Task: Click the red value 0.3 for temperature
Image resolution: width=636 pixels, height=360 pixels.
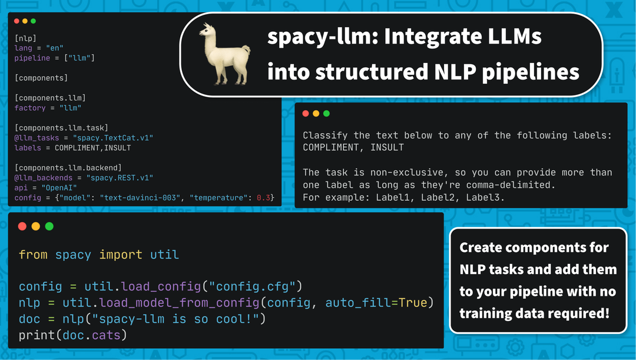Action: coord(263,197)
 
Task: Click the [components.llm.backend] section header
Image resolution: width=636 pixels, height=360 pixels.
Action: coord(68,168)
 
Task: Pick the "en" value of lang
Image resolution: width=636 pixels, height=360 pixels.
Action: coord(54,48)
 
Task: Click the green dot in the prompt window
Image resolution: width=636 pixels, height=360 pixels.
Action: coord(327,113)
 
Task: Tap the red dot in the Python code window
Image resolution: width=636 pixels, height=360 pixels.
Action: coord(22,226)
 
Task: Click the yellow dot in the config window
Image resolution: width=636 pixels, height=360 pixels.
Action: coord(25,21)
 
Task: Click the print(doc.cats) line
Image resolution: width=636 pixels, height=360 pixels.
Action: coord(73,335)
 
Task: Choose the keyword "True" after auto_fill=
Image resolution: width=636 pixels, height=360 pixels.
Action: coord(413,303)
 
